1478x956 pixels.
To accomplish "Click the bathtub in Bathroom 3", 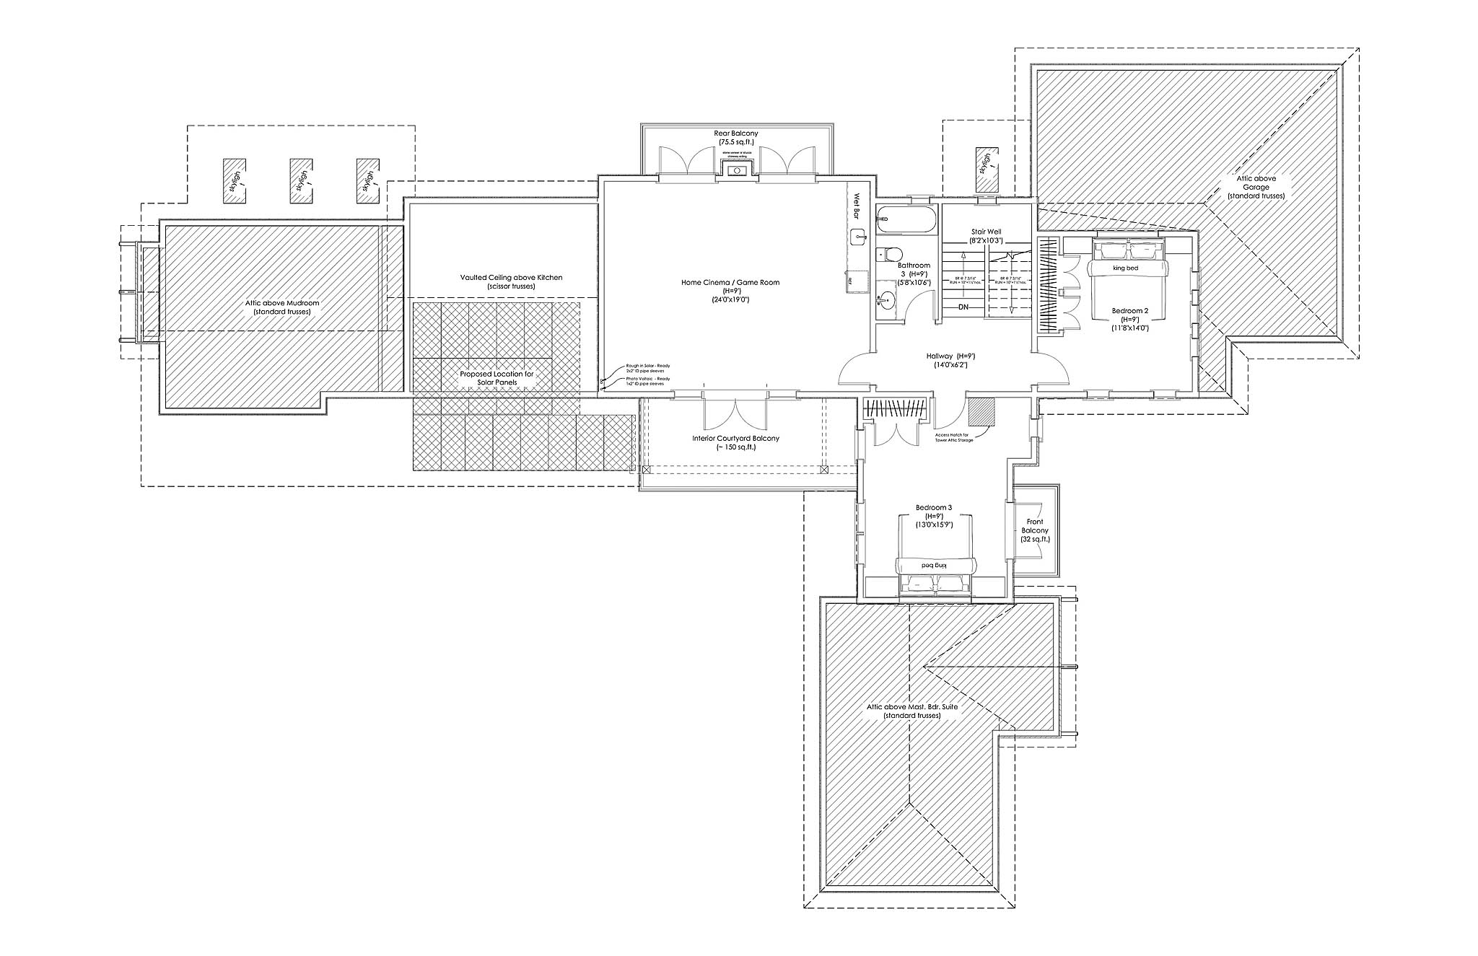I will (x=906, y=219).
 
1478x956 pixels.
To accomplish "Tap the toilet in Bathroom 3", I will (x=890, y=254).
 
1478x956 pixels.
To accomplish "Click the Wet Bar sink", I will (x=858, y=234).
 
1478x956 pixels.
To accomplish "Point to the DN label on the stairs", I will (x=963, y=308).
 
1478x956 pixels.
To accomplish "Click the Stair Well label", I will (x=986, y=232).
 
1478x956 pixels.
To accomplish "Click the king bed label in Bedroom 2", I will (x=1125, y=268).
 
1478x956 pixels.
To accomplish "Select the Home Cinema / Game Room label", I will (x=730, y=283).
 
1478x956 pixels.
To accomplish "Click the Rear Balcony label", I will (x=735, y=133).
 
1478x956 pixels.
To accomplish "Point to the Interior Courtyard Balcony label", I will (x=735, y=438).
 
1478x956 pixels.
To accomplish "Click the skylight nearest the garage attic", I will (x=984, y=169).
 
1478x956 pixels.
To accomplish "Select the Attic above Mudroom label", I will (x=281, y=303).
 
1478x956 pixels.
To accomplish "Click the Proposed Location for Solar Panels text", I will (x=497, y=378).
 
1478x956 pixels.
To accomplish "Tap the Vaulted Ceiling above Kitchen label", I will (x=511, y=277).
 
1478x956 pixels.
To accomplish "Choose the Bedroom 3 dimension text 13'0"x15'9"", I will (x=934, y=525).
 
